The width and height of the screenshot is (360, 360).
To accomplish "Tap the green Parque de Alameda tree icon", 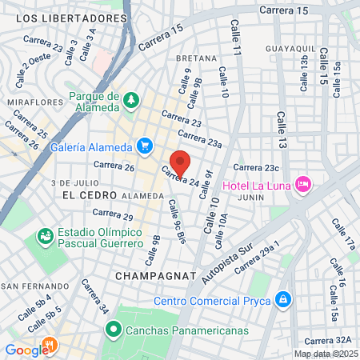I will [x=130, y=99].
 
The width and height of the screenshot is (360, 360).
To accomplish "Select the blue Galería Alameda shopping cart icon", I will [x=145, y=145].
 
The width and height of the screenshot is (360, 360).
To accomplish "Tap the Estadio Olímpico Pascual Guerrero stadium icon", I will [x=46, y=237].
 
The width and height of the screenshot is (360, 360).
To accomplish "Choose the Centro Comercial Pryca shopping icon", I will [x=282, y=300].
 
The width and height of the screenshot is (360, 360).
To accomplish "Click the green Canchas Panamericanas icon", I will [x=114, y=328].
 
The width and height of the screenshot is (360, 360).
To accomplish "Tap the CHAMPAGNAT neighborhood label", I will [x=155, y=275].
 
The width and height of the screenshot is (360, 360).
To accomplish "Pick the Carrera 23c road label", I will [x=256, y=168].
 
